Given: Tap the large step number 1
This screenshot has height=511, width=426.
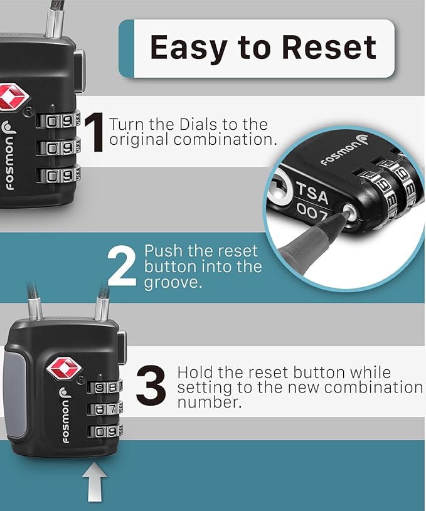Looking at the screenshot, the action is click(95, 132).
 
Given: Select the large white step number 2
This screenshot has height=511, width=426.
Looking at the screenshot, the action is click(121, 266).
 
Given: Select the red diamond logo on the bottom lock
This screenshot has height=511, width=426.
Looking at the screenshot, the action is click(65, 368).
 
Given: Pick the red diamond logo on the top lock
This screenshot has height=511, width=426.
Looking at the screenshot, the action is click(14, 97).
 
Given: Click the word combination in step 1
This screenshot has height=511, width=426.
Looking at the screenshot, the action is click(225, 139).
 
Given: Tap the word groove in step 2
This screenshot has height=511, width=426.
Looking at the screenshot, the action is click(171, 282).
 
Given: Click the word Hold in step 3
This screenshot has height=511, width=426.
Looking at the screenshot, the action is click(195, 372).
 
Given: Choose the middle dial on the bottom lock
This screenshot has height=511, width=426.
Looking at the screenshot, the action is click(104, 409).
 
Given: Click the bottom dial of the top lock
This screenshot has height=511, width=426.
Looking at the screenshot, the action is click(58, 176).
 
